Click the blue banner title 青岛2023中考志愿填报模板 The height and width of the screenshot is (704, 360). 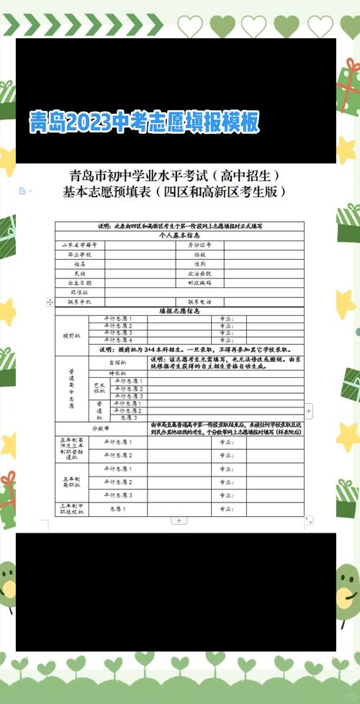pyautogui.click(x=143, y=122)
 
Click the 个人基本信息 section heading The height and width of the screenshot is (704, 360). pyautogui.click(x=179, y=235)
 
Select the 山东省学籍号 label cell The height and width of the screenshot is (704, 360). pyautogui.click(x=79, y=245)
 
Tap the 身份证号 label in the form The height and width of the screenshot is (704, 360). pyautogui.click(x=199, y=245)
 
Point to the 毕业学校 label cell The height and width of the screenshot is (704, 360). pyautogui.click(x=79, y=254)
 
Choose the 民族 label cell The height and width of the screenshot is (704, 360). pyautogui.click(x=79, y=274)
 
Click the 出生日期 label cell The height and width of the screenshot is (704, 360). pyautogui.click(x=79, y=283)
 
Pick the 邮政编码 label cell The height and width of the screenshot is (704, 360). pyautogui.click(x=199, y=283)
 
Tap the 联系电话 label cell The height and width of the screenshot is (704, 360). pyautogui.click(x=199, y=302)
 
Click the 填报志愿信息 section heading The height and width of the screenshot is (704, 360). pyautogui.click(x=179, y=311)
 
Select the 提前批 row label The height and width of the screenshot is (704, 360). pyautogui.click(x=72, y=335)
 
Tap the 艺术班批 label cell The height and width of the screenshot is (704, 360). pyautogui.click(x=99, y=389)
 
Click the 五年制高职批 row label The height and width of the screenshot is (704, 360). pyautogui.click(x=72, y=483)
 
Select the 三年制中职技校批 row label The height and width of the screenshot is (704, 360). pyautogui.click(x=72, y=510)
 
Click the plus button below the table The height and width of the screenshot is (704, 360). pyautogui.click(x=179, y=520)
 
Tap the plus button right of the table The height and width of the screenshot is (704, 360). pyautogui.click(x=309, y=411)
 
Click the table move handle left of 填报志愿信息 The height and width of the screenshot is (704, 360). pyautogui.click(x=49, y=302)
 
